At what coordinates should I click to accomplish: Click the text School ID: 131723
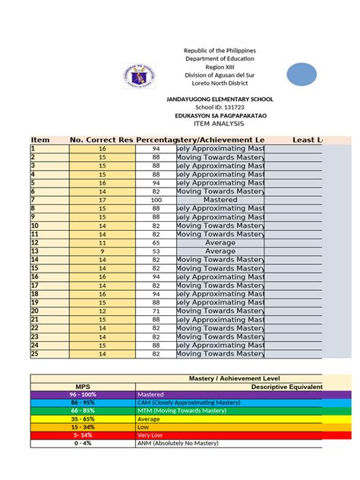pos(219,109)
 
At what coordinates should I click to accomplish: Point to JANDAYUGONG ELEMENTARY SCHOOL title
pos(219,99)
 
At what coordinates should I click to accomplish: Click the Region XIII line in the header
pos(219,67)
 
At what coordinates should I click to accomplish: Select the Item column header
pos(40,140)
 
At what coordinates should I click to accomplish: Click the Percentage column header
pos(156,140)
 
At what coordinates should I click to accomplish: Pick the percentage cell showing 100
pos(156,200)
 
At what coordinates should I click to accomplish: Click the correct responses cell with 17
pos(102,200)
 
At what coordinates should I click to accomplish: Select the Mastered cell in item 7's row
pos(220,200)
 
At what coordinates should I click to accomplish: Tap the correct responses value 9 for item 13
pos(102,251)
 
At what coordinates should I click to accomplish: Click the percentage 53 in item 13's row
pos(156,251)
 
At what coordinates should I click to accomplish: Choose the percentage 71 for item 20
pos(156,311)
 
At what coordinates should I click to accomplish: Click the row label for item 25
pos(34,354)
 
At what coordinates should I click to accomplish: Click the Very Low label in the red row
pos(151,434)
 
